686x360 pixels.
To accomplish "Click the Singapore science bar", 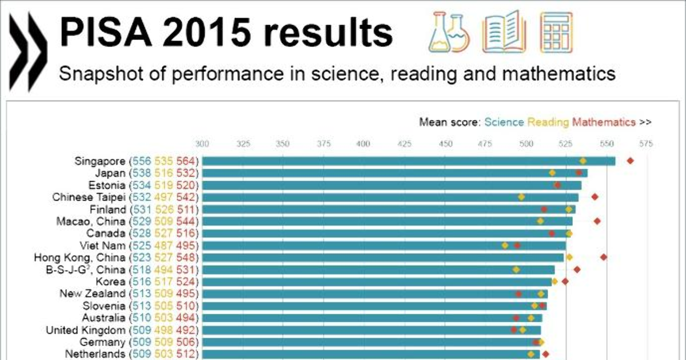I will tap(400, 161).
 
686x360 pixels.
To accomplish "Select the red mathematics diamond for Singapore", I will tap(630, 161).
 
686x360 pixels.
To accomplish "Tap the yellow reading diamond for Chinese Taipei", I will tap(521, 197).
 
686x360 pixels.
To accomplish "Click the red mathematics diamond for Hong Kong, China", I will tap(604, 257).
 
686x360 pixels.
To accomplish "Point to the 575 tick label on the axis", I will tap(646, 143).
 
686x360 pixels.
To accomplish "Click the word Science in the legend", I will tap(504, 122).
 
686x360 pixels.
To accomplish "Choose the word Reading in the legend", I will tap(548, 122).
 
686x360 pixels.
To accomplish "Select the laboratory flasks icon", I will tap(448, 32).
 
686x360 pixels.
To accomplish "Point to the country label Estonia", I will tap(108, 185).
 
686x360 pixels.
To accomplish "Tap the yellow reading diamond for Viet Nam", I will tap(505, 245).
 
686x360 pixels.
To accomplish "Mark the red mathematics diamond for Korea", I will tap(565, 281).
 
